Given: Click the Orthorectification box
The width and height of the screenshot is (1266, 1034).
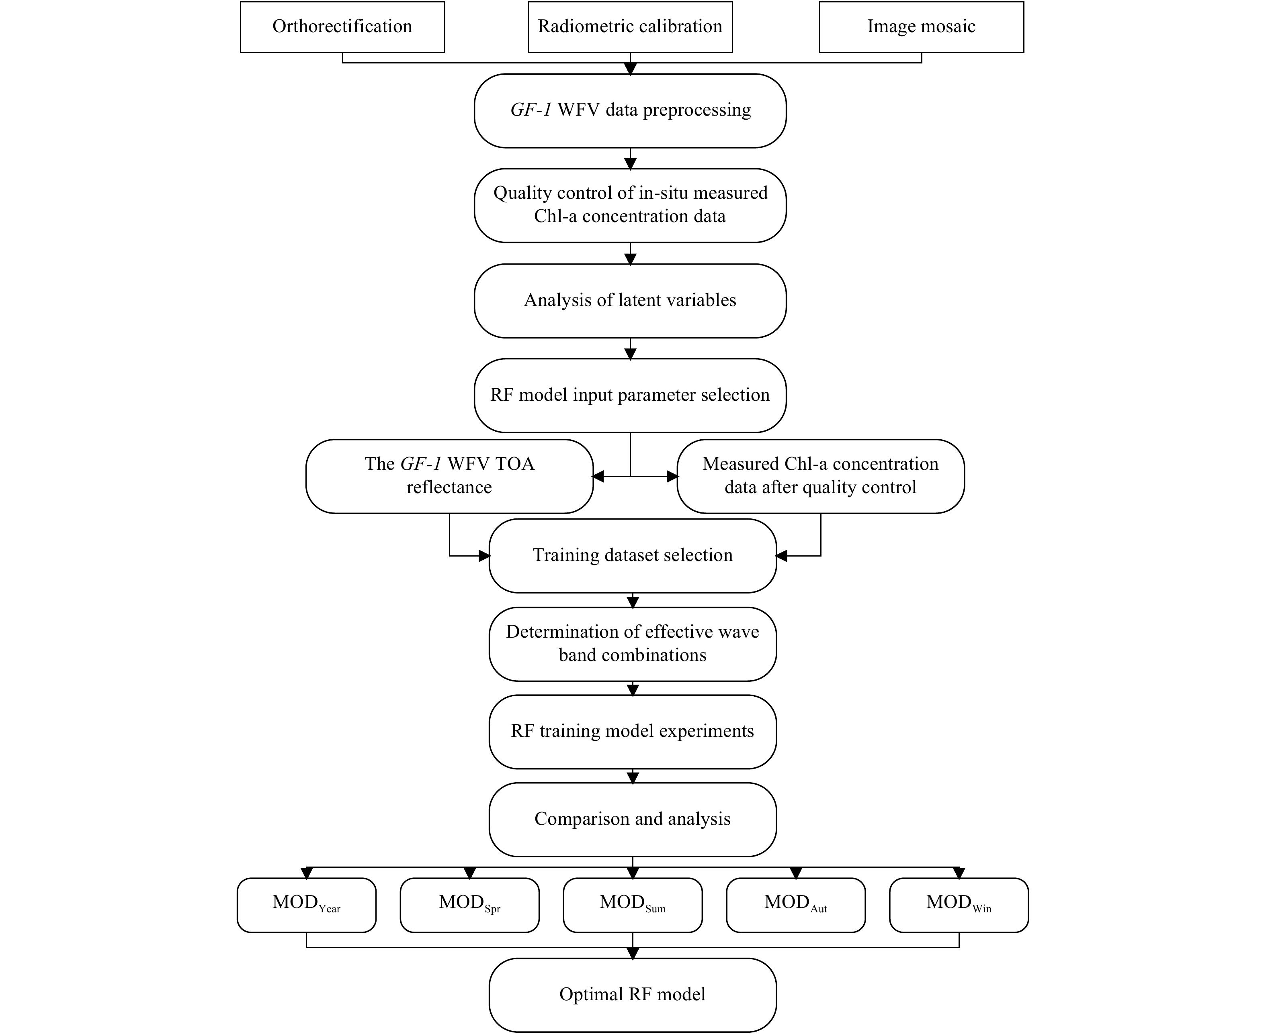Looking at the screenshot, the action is (342, 27).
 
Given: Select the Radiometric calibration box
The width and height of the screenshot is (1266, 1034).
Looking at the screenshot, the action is (630, 27).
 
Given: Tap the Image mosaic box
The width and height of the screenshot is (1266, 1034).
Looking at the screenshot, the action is (922, 27).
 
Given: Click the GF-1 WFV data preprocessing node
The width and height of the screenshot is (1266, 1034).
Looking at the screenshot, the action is (630, 111).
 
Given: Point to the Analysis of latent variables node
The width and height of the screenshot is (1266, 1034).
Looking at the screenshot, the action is (630, 301).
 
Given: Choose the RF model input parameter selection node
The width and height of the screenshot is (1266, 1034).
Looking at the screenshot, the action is (630, 396).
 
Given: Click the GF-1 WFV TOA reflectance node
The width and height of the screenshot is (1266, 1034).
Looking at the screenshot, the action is (449, 477).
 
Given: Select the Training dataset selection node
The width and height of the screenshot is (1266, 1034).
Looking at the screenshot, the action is (633, 556).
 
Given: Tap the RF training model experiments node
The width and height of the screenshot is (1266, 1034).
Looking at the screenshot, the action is (633, 732).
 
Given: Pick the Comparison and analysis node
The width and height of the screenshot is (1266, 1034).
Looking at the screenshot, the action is (633, 820).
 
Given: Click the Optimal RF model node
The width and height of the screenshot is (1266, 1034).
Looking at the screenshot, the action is (633, 995).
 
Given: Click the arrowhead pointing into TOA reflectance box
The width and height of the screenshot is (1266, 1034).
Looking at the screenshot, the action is (598, 477).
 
